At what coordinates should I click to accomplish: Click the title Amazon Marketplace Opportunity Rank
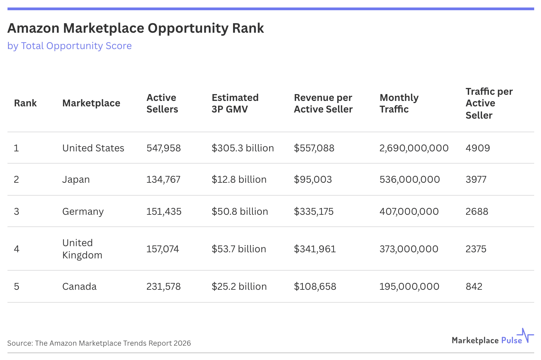136,28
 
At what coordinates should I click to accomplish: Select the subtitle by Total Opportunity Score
69,46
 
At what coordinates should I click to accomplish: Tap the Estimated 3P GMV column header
235,103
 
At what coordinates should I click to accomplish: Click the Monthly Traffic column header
399,103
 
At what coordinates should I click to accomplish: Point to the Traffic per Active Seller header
489,103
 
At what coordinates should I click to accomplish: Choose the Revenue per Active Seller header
323,103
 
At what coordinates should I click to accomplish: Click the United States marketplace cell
93,148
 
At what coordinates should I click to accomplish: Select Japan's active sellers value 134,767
163,180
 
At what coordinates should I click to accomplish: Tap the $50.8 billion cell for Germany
239,212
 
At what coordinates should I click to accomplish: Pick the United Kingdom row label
82,249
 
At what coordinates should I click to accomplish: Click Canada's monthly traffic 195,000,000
409,287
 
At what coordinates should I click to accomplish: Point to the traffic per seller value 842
474,287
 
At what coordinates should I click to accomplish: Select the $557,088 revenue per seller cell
314,148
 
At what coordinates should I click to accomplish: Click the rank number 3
16,212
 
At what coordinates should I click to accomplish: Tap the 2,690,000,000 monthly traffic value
414,148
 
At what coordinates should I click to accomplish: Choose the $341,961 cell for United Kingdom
315,249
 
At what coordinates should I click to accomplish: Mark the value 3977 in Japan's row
476,180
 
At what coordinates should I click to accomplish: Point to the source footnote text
99,343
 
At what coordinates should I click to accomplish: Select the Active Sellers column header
162,103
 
